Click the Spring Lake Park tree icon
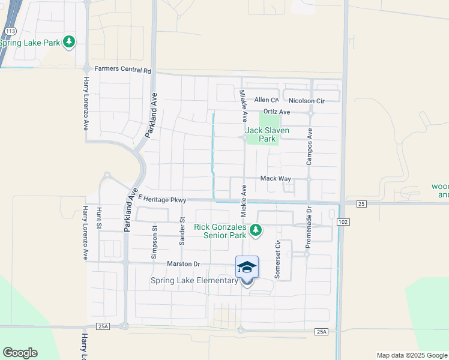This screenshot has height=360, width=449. (x=70, y=41)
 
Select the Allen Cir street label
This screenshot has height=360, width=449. (x=267, y=100)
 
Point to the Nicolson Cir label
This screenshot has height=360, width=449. (x=306, y=101)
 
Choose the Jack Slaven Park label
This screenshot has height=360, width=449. (x=267, y=134)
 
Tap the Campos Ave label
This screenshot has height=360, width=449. (x=310, y=148)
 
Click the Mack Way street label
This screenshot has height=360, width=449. (x=276, y=179)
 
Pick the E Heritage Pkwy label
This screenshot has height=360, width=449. (x=163, y=199)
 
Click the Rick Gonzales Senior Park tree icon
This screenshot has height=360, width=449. (x=256, y=230)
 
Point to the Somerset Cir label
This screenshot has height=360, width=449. (x=277, y=259)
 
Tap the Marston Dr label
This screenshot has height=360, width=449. (x=184, y=263)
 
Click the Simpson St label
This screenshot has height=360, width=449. (x=155, y=242)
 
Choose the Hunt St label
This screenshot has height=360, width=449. (x=99, y=219)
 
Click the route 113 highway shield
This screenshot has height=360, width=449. (x=10, y=31)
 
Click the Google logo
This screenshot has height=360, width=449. (x=20, y=353)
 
